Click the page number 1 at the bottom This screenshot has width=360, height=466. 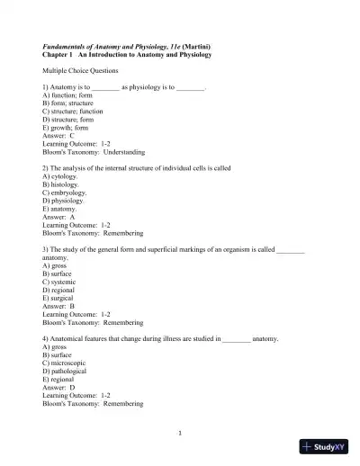tap(180, 433)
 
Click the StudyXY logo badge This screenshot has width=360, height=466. tap(325, 446)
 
